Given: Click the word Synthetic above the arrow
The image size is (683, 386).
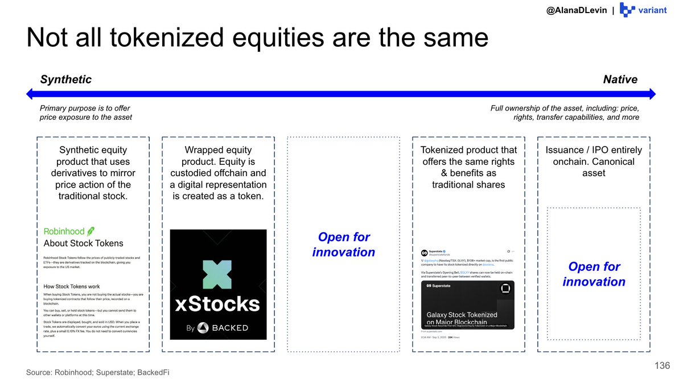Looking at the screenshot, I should coord(65,79).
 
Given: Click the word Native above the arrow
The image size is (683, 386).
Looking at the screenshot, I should coord(620,79).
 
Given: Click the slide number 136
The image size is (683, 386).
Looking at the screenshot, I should coord(662,365).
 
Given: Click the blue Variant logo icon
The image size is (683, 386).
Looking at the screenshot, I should coord(627,10).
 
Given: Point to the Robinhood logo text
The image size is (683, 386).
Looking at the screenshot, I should coord(64,231).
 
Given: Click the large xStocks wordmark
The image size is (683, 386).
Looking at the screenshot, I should coord(218,303).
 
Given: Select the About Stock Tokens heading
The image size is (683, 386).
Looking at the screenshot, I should coord(83,243).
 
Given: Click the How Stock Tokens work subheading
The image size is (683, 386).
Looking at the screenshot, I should coord(71,286).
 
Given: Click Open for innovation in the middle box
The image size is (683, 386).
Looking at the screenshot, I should coord(343,245).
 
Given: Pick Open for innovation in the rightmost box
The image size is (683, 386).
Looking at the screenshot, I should coord(594,274).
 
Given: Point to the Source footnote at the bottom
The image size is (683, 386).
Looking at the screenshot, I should coord(97,372).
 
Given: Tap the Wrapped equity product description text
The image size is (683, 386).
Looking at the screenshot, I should coord(218,173).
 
